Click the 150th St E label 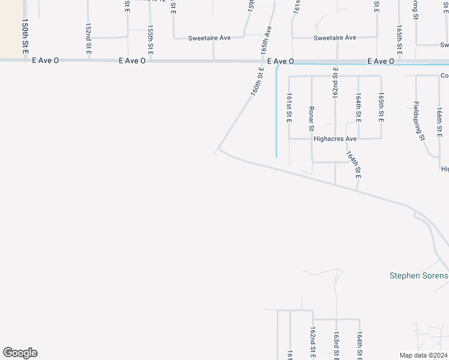[25, 38]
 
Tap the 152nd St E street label [88, 40]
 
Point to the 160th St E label [258, 82]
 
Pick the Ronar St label [312, 118]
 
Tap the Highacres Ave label [335, 139]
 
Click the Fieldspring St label [418, 121]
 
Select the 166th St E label [440, 122]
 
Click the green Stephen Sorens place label [419, 276]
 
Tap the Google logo [20, 353]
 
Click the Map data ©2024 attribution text [424, 355]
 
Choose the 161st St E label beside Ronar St [289, 108]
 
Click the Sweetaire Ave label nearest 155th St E [209, 38]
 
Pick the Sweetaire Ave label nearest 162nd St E [335, 38]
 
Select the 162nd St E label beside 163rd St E [313, 343]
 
